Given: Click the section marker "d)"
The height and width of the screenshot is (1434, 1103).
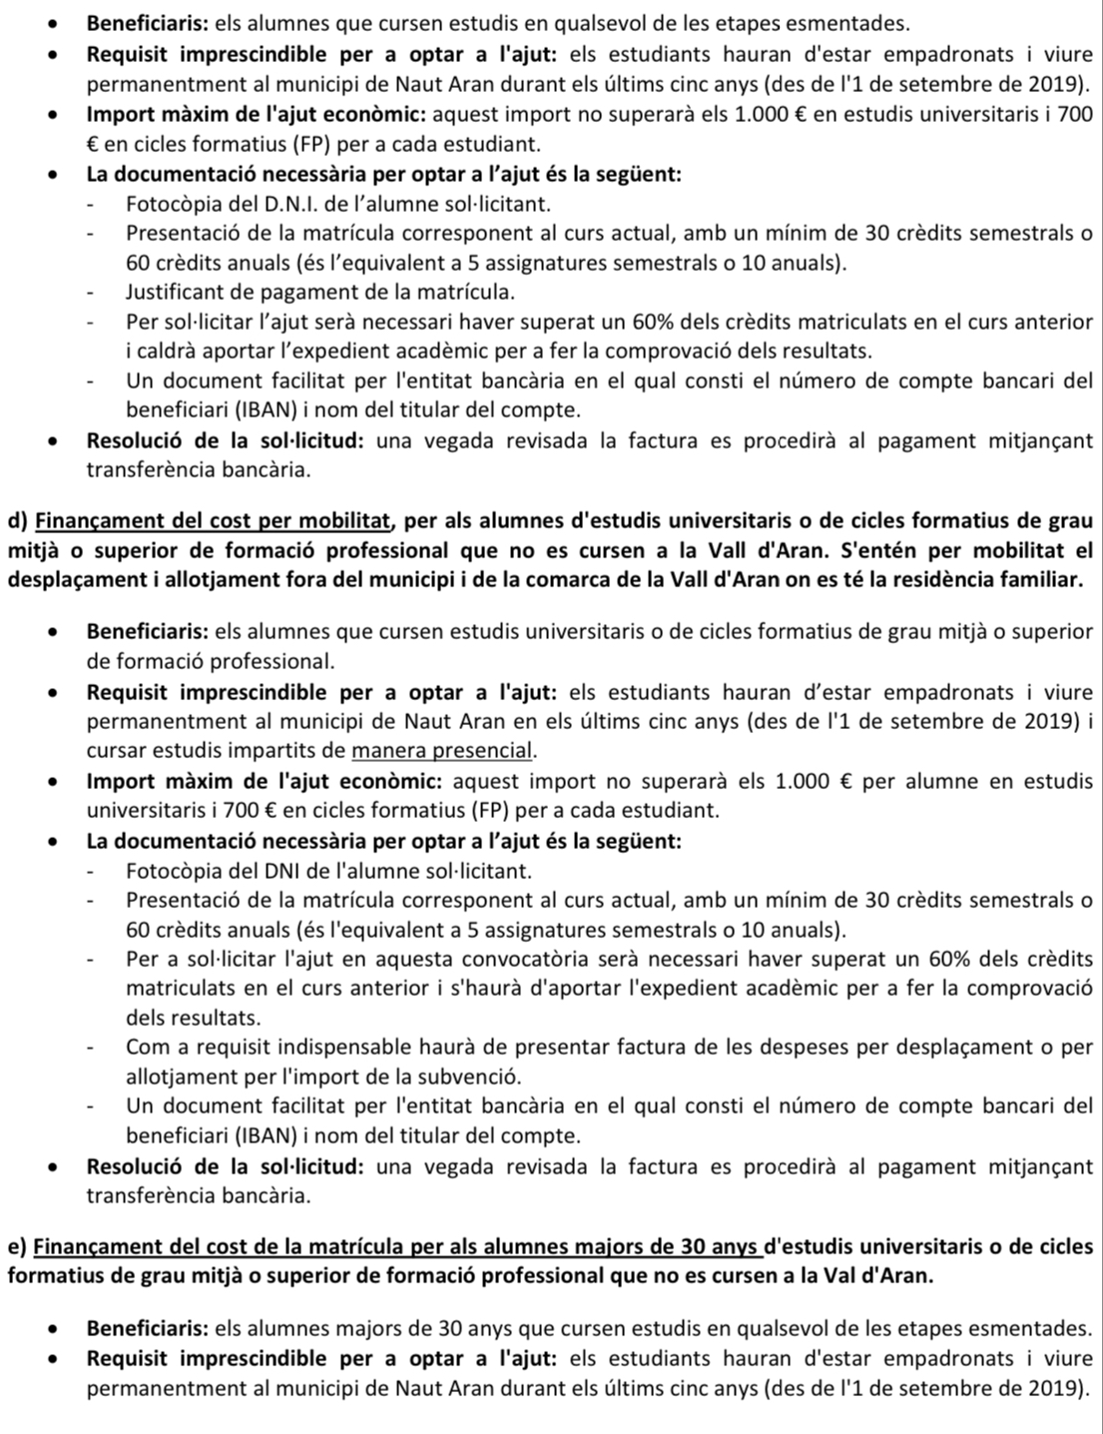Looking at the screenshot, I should [x=17, y=519].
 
